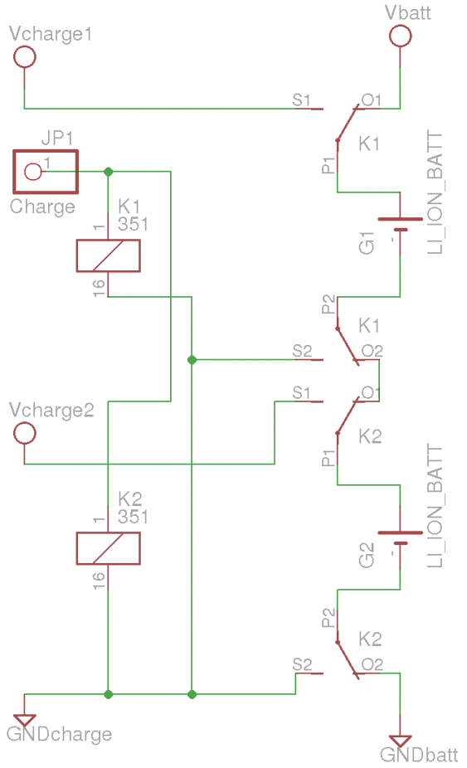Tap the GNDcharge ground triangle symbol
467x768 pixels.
coord(25,720)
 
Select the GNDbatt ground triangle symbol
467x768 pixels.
coord(400,741)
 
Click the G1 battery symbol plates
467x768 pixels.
coord(400,224)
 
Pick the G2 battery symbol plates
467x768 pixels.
coord(400,537)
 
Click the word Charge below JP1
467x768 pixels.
coord(42,207)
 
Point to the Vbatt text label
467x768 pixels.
coord(408,12)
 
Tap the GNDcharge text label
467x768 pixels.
coord(59,734)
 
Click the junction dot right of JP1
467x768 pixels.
coord(109,172)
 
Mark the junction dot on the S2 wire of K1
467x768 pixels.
coord(192,359)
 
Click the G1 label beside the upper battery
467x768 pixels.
coord(367,243)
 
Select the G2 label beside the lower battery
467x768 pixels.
coord(367,555)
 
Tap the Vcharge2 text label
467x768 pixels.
coord(51,411)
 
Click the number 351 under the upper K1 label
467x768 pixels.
coord(133,224)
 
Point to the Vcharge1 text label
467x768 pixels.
coord(51,34)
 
